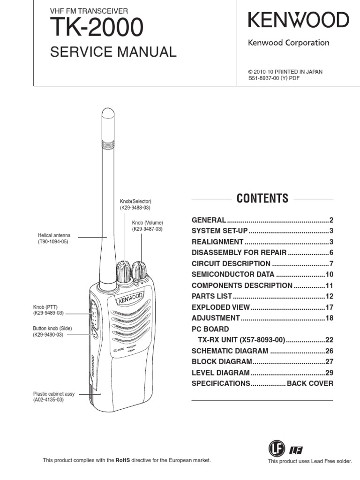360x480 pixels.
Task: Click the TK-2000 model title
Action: pyautogui.click(x=97, y=29)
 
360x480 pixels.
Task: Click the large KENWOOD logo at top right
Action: pyautogui.click(x=298, y=20)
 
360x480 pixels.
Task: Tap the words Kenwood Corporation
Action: pyautogui.click(x=288, y=43)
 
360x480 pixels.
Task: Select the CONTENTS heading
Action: pyautogui.click(x=262, y=198)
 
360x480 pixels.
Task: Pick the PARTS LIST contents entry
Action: pyautogui.click(x=212, y=296)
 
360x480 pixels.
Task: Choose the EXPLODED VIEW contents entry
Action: pyautogui.click(x=221, y=307)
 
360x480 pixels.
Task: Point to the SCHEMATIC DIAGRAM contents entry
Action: pyautogui.click(x=230, y=351)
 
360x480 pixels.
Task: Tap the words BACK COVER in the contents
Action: pyautogui.click(x=310, y=383)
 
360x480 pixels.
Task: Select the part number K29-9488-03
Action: pyautogui.click(x=135, y=207)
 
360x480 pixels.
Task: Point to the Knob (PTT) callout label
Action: pyautogui.click(x=45, y=307)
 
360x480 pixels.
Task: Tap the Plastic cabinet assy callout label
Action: pyautogui.click(x=53, y=394)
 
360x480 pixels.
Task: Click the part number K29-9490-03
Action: pyautogui.click(x=48, y=335)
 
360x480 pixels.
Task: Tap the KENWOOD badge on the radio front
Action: pyautogui.click(x=131, y=298)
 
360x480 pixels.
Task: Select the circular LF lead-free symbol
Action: pyautogui.click(x=276, y=450)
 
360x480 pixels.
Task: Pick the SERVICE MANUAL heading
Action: pyautogui.click(x=113, y=52)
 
